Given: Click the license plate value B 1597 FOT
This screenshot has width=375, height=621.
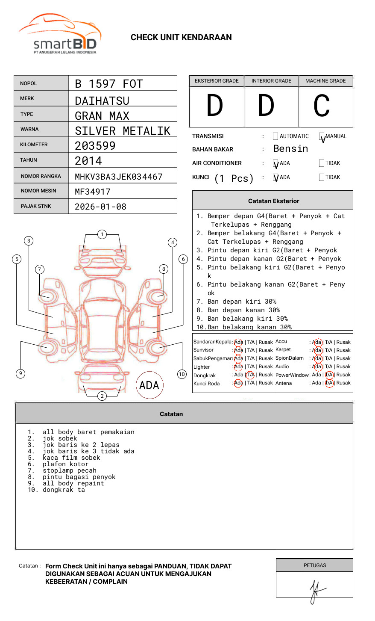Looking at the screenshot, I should (108, 84).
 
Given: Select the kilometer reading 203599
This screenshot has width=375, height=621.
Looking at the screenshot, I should (95, 146).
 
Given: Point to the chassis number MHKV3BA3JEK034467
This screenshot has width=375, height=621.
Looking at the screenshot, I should (118, 177).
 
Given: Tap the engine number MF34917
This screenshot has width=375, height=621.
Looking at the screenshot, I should (92, 192).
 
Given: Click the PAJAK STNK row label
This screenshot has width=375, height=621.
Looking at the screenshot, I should (36, 206).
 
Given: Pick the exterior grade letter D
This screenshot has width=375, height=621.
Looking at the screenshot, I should (215, 106).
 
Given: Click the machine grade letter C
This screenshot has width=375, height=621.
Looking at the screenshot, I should (322, 106).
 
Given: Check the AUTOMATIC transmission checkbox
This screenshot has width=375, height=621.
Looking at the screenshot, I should (275, 136).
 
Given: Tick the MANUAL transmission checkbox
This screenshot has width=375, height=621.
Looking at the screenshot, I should (322, 136).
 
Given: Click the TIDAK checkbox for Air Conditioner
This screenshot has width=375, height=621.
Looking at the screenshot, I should (322, 163).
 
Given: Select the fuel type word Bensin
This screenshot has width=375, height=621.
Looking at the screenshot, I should (290, 149).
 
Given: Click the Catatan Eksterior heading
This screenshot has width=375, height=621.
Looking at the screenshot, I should (273, 201).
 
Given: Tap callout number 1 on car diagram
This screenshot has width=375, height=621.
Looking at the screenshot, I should (102, 234).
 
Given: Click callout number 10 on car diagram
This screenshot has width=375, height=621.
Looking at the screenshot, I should (182, 374).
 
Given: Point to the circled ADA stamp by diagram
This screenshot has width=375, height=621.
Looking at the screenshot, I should (149, 385).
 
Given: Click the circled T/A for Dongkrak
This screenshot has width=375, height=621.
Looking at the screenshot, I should (250, 375).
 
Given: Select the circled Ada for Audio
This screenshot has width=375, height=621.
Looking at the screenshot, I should (317, 367).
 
